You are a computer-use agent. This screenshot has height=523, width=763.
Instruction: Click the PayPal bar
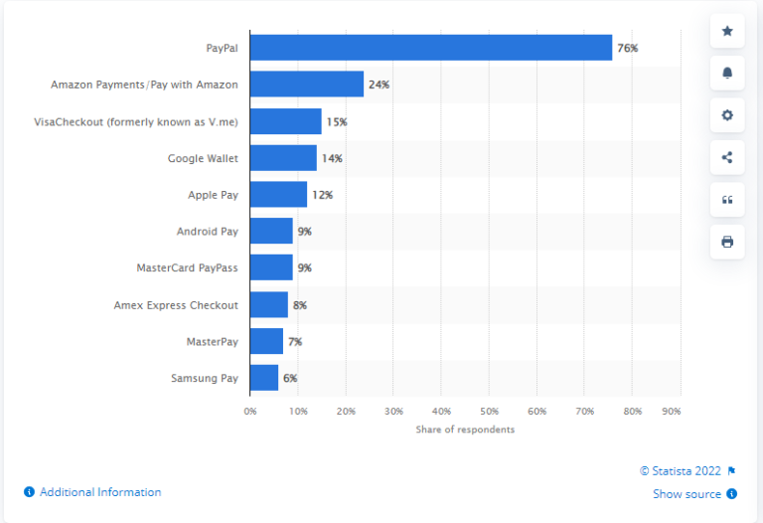(430, 48)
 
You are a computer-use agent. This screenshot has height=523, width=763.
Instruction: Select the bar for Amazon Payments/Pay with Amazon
(306, 85)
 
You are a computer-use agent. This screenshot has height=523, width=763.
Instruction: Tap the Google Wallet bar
(283, 158)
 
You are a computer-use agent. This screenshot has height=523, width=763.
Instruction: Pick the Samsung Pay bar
(264, 378)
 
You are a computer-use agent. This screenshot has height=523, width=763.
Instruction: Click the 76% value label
(627, 48)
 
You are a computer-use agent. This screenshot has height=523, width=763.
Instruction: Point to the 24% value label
(379, 85)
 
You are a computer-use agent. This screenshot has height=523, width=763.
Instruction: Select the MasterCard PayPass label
(187, 267)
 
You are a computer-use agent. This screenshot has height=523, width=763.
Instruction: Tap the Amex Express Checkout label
(176, 304)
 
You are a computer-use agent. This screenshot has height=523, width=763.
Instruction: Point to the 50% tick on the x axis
(489, 411)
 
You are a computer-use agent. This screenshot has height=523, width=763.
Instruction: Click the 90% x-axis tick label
(672, 411)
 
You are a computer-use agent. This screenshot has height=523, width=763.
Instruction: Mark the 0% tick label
(250, 411)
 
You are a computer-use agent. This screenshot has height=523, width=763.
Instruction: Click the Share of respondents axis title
(465, 430)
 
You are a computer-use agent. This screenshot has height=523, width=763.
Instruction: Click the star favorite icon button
(727, 32)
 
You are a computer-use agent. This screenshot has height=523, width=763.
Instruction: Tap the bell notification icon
(727, 74)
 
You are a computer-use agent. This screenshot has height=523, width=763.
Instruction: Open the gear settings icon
(727, 115)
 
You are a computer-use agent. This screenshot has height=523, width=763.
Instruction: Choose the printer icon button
(727, 242)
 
